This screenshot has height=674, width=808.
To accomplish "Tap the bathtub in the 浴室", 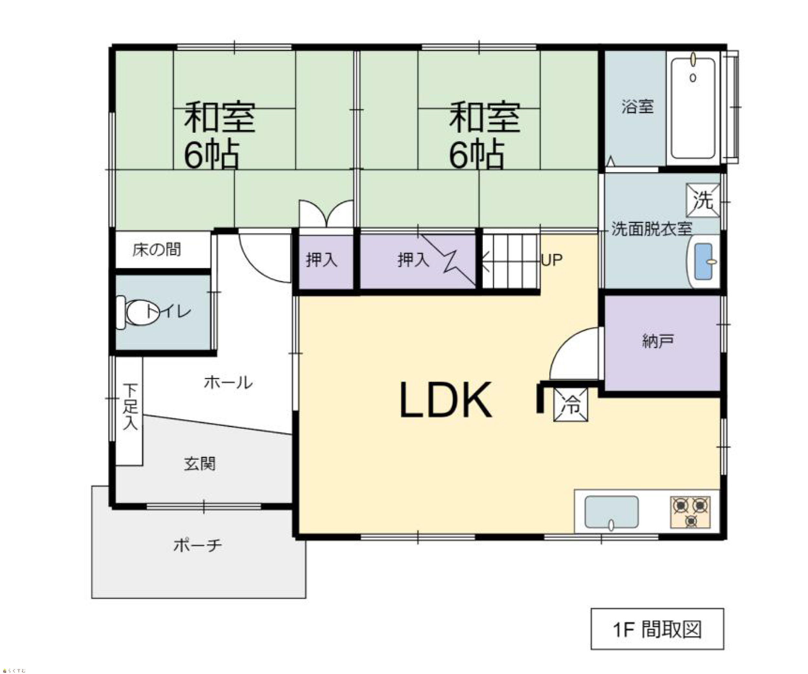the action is pos(693,109).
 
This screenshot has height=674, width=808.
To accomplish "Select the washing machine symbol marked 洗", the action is pos(703,201).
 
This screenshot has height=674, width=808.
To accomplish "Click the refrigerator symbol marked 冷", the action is pos(570,405).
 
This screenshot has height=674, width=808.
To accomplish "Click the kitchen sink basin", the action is pos(611,512).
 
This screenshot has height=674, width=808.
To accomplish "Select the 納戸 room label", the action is pos(658,341).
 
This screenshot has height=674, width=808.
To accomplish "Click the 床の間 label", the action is pos(157,249).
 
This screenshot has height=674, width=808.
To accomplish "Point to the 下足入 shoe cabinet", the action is pos(130,411).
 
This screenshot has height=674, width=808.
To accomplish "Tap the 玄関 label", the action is pos(200,464).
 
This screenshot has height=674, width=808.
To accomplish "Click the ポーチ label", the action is pos(198,545).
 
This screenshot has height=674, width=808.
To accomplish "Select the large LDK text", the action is pos(446,400).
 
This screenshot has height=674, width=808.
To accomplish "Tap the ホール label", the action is pos(228,383).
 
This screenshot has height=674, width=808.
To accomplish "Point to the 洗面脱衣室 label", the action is pos(652,229).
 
